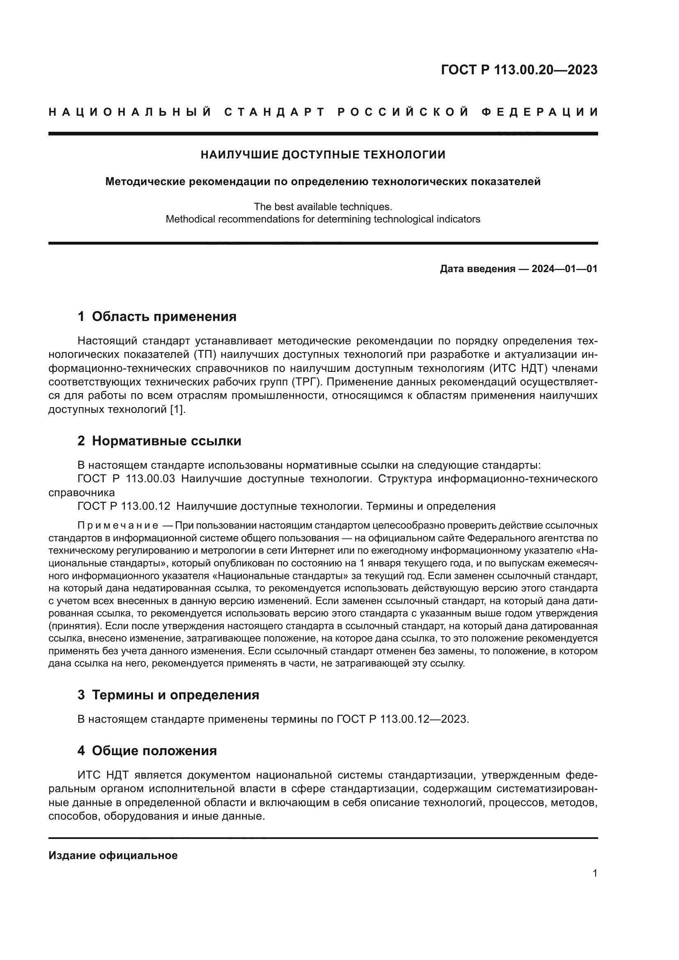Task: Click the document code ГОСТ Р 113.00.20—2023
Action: pos(519,70)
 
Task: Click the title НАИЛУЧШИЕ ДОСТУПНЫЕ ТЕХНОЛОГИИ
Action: pos(323,155)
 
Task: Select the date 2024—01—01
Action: pos(564,269)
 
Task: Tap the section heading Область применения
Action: pos(164,316)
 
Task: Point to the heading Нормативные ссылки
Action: pos(166,441)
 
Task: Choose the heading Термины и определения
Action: pos(175,695)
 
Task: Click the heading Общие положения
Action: pos(154,751)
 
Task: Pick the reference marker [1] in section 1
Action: pos(178,409)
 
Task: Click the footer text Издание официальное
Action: pos(113,855)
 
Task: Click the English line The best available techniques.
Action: pos(323,206)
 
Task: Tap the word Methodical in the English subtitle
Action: pos(188,219)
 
